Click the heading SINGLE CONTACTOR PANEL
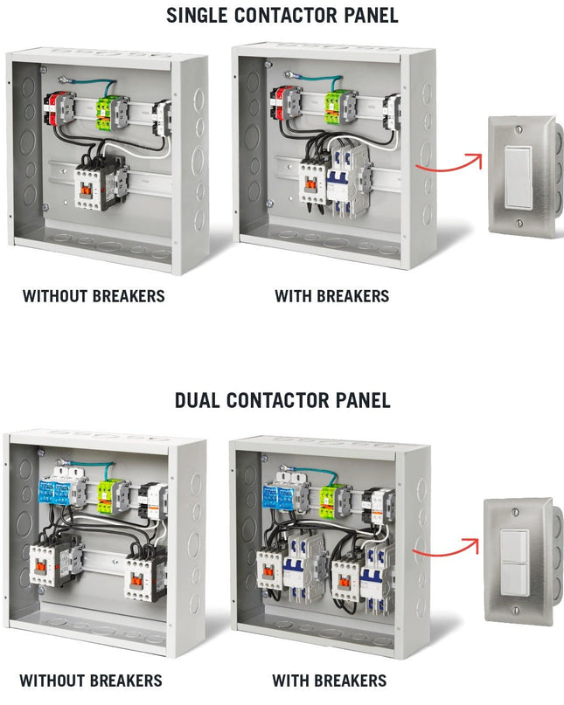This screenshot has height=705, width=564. [282, 15]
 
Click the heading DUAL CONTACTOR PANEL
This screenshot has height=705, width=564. [282, 401]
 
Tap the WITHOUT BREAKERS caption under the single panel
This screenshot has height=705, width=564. [94, 296]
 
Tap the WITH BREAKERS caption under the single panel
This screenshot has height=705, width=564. [332, 296]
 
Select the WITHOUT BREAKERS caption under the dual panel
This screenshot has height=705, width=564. [91, 681]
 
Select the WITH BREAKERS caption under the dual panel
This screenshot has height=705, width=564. [330, 681]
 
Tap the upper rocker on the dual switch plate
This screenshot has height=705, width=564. [515, 541]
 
